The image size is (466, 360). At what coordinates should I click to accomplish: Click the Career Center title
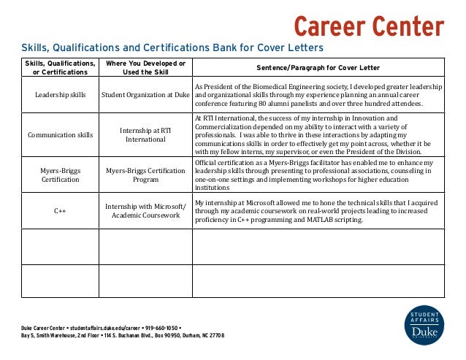[369, 27]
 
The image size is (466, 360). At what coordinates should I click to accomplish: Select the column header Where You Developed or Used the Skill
[145, 68]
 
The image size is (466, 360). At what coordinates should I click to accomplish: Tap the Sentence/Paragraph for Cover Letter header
[318, 68]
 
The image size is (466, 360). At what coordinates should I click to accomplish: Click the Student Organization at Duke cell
[145, 95]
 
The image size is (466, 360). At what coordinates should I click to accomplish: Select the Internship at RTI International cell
[145, 134]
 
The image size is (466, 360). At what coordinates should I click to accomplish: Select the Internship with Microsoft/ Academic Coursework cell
[145, 210]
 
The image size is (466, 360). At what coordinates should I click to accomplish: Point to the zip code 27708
[215, 336]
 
